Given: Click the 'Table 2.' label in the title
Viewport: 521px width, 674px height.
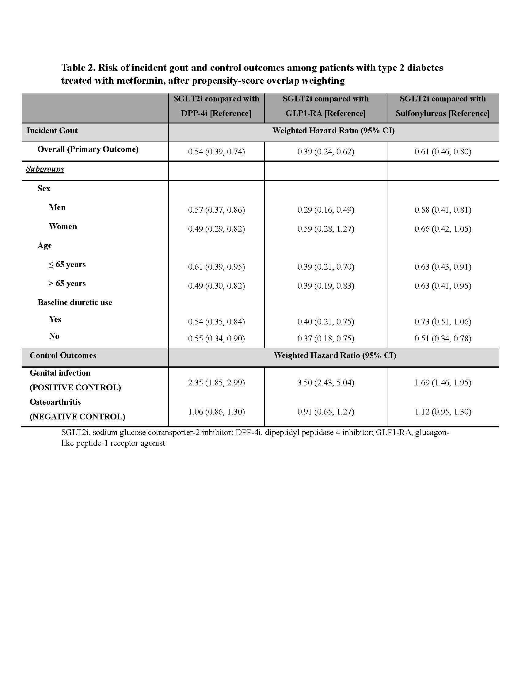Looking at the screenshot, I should pos(78,68).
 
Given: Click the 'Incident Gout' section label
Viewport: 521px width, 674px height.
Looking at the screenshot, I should pos(52,131).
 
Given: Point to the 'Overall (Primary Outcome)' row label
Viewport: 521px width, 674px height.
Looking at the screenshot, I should pos(88,150).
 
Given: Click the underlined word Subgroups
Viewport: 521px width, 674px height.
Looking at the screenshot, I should pos(45,169).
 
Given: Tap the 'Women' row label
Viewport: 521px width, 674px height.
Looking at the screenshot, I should pos(63,226).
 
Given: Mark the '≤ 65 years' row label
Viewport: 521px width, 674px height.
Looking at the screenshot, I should pos(67,264).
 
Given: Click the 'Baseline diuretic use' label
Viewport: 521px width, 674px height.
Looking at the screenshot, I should pos(75,302).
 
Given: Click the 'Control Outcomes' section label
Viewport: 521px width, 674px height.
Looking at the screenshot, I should pos(63,355).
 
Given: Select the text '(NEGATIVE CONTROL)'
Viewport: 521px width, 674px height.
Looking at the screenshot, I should pos(78,417).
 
